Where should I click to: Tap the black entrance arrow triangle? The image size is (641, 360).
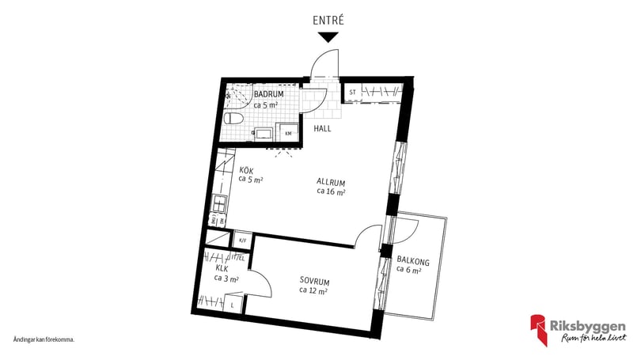[329, 36]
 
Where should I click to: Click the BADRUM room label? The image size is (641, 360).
[268, 94]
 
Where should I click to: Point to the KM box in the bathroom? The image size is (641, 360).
[288, 133]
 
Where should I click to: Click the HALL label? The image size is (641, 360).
[323, 128]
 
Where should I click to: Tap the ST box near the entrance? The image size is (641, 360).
[352, 93]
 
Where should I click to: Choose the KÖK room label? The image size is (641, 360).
[246, 170]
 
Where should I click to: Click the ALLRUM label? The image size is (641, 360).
[332, 180]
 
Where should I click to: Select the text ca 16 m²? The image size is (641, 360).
[332, 191]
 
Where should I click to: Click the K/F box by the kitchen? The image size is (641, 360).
[243, 240]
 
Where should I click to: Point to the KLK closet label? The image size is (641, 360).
[222, 267]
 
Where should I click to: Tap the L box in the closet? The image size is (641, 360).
[233, 304]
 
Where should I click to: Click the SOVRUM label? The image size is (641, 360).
[314, 281]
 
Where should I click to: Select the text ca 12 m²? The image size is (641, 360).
[314, 290]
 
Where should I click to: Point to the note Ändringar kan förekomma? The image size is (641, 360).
[44, 339]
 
